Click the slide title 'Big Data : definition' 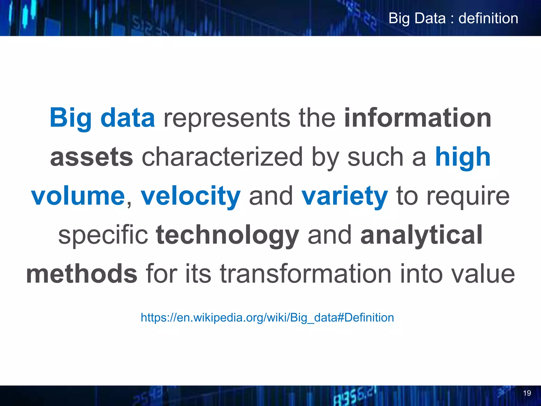pos(453,19)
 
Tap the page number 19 pos(527,393)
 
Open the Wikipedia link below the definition pos(267,317)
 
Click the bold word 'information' pos(418,118)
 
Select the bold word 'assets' pos(91,157)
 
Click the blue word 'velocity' pos(190,196)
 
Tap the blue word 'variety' pos(344,196)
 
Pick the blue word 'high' pos(463,157)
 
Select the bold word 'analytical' pos(422,235)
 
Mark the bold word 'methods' pos(82,274)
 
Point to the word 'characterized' pos(222,157)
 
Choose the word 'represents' pos(227,118)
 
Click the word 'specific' pos(103,235)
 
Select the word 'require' pos(468,197)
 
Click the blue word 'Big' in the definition pos(71,118)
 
